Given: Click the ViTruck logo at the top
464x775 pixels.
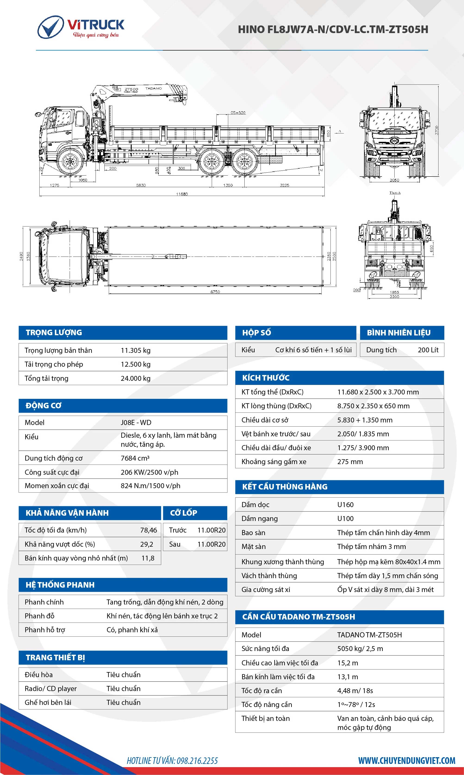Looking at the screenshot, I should click(81, 27).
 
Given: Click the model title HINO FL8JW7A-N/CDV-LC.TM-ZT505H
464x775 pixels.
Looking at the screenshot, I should click(333, 29).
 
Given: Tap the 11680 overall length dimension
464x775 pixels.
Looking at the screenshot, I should click(182, 194).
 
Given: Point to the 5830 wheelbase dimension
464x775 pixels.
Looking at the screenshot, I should click(141, 185).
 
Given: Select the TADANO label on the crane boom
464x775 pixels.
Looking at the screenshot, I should click(153, 88).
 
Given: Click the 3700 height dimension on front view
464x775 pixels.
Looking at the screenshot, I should click(436, 130).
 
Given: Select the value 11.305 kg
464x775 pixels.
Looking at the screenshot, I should click(135, 350).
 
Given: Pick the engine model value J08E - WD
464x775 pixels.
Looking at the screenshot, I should click(136, 422).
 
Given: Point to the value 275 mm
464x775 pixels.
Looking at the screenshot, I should click(350, 462).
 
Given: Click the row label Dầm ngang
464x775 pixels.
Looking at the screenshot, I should click(259, 519).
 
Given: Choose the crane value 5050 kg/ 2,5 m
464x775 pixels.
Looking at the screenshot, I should click(360, 649).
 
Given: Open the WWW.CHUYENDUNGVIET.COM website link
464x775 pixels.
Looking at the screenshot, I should click(406, 760).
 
